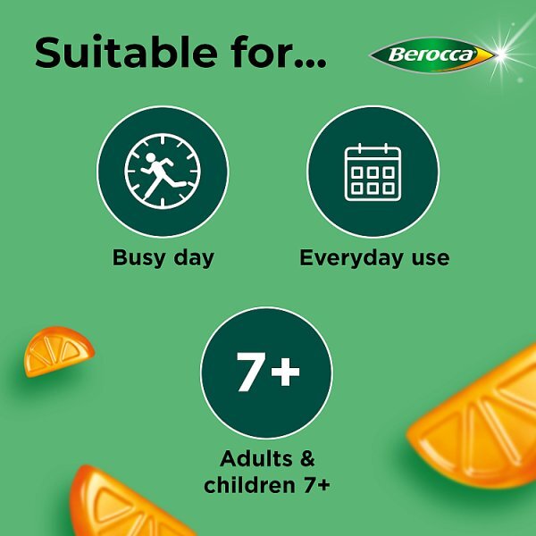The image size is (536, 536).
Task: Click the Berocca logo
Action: pos(432,55)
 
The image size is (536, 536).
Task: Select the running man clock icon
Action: pos(163,172)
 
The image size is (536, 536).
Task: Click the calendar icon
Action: pos(373,172)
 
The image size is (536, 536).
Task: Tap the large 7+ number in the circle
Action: pos(266,373)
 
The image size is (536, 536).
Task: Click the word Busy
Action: pos(140,258)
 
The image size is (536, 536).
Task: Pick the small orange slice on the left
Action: pos(59,350)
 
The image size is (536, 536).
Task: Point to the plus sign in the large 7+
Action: pos(285,371)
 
